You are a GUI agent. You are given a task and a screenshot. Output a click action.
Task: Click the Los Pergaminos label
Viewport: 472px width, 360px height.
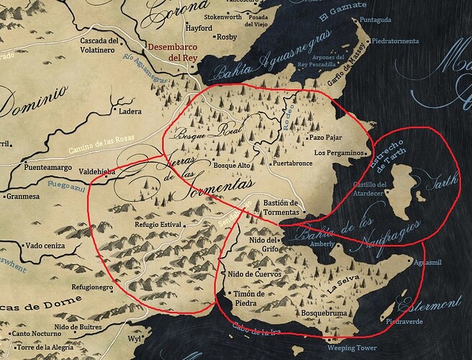[340, 153]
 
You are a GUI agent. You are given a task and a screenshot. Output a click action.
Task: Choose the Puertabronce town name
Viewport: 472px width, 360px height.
[293, 164]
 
